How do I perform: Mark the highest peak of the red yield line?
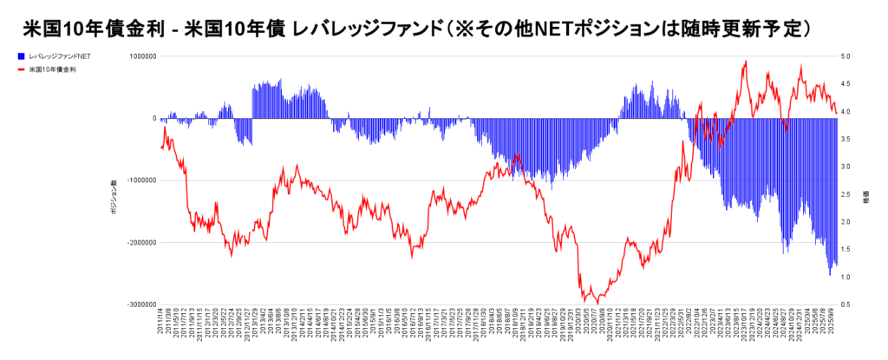click(x=745, y=61)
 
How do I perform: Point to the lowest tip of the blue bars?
click(x=829, y=275)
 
